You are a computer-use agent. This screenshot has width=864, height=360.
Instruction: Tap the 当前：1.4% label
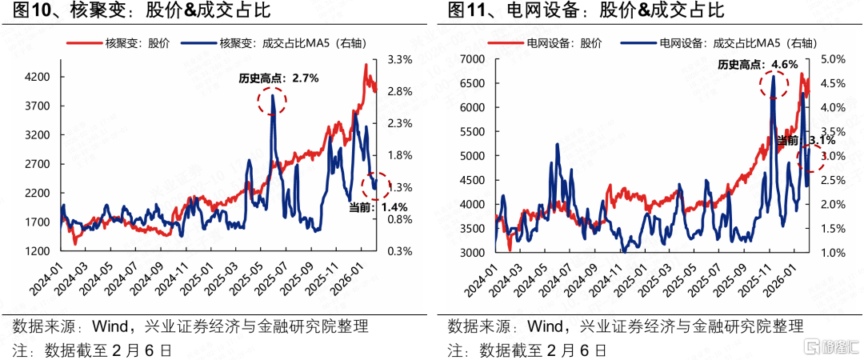pyautogui.click(x=373, y=207)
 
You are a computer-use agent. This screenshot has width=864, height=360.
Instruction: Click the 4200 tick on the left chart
pyautogui.click(x=38, y=77)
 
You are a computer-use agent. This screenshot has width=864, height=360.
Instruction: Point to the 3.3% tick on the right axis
pyautogui.click(x=399, y=59)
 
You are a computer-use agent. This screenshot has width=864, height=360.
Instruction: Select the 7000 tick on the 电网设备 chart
pyautogui.click(x=473, y=59)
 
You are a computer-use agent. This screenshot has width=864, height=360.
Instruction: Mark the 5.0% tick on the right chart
pyautogui.click(x=833, y=59)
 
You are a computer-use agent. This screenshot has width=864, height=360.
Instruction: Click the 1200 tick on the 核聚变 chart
pyautogui.click(x=38, y=251)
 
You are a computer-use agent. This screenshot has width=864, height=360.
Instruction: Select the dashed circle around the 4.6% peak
pyautogui.click(x=773, y=86)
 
